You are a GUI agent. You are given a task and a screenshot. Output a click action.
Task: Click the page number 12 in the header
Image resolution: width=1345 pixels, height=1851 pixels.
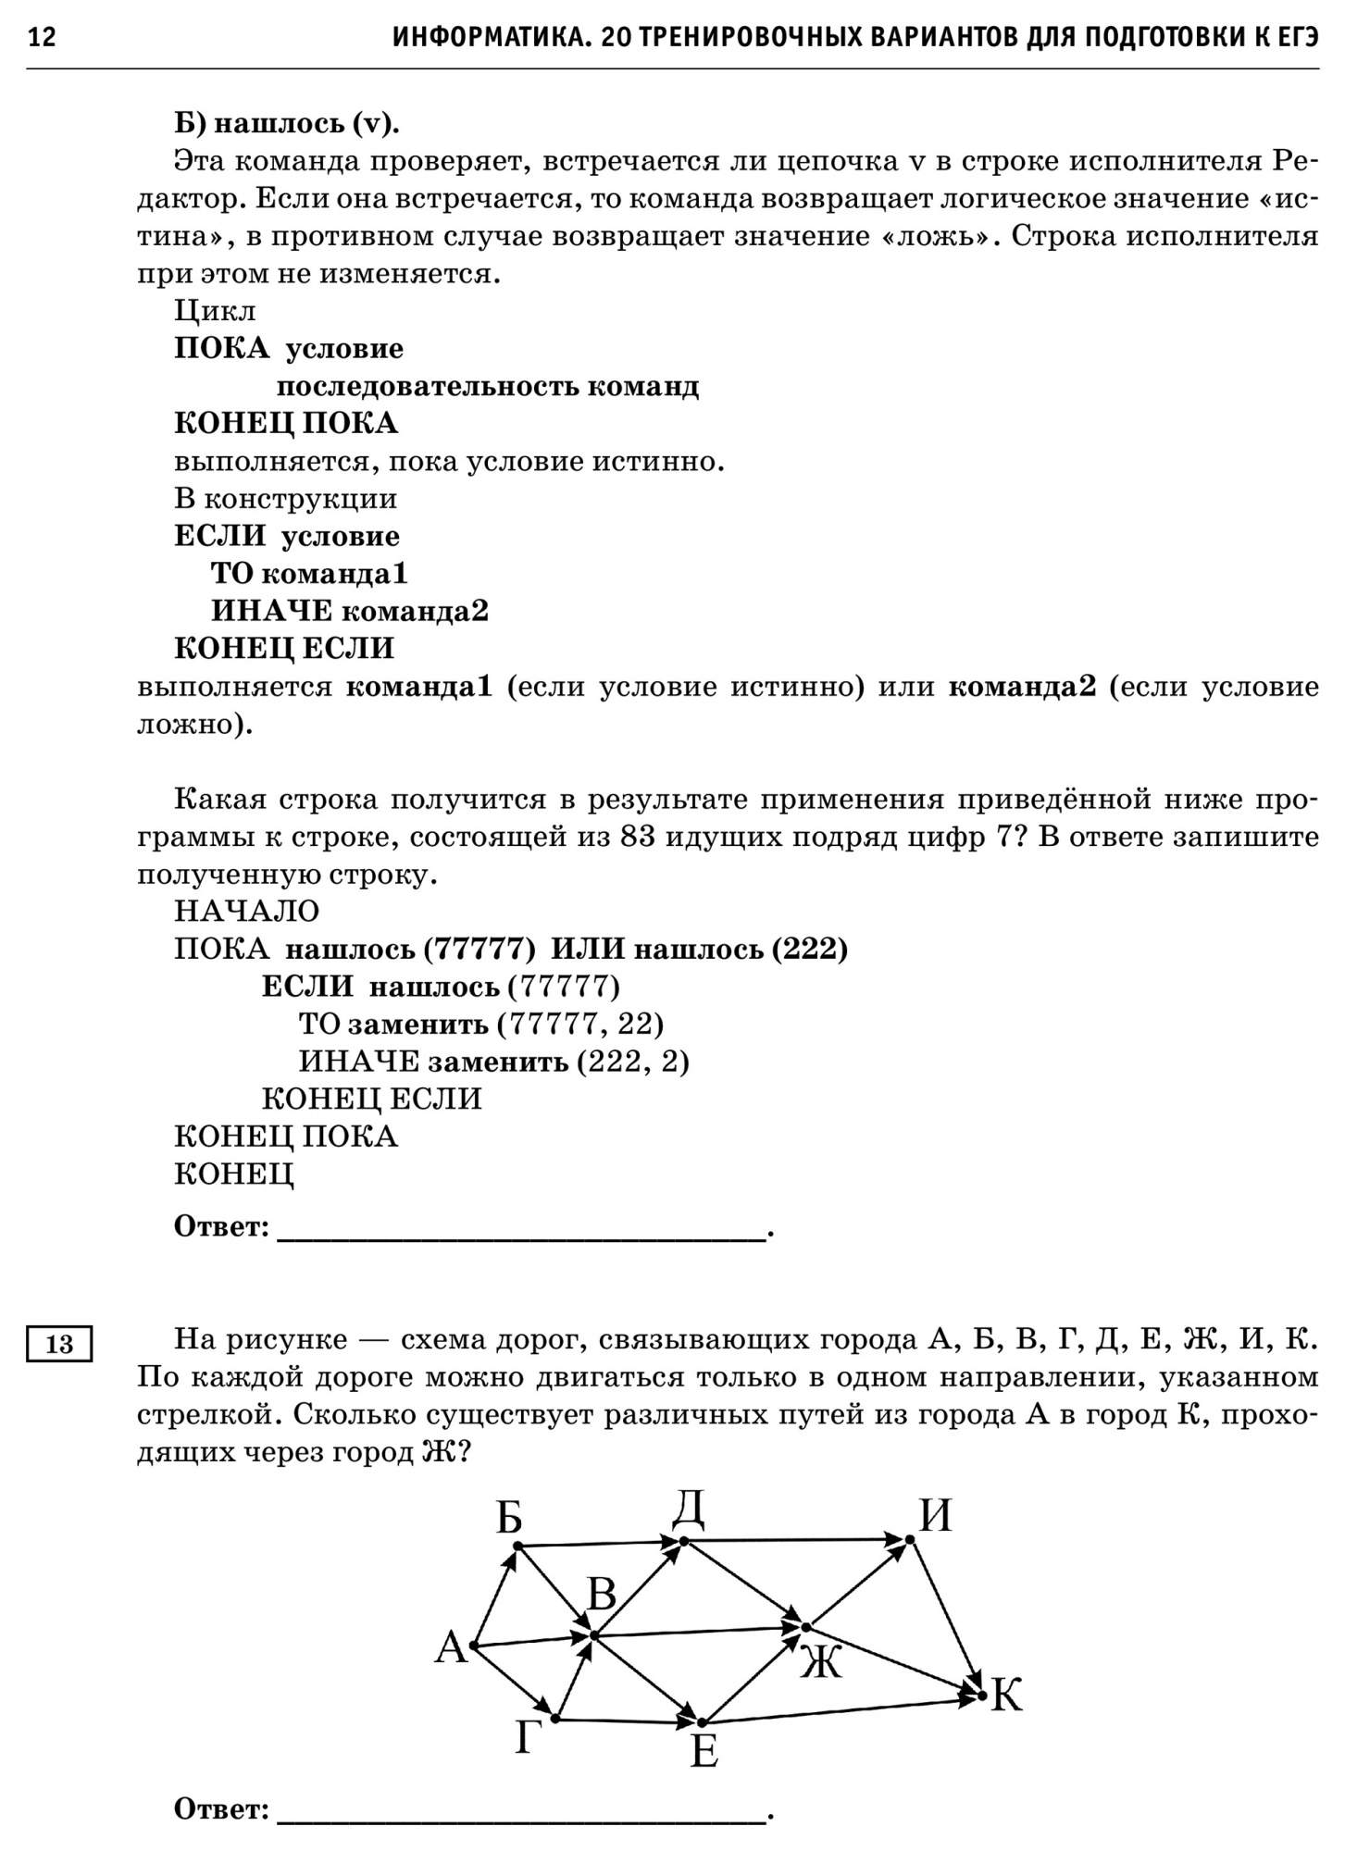pos(43,38)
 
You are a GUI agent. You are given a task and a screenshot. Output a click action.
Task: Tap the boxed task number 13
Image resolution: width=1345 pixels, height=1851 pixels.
pos(59,1343)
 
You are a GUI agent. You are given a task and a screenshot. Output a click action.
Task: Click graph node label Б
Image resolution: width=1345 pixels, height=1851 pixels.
pos(508,1519)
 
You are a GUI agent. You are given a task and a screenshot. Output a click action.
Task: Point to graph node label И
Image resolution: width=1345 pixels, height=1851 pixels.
pos(935,1517)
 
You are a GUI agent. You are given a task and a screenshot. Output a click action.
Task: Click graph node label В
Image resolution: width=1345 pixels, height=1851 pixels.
pos(602,1596)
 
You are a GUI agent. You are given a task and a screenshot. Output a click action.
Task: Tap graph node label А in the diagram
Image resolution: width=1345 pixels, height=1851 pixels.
pos(451,1648)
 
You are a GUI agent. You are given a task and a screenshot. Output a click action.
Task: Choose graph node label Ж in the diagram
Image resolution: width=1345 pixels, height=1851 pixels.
pos(821,1663)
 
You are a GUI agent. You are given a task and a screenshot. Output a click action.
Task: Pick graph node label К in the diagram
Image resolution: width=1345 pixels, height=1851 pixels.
pos(1006,1696)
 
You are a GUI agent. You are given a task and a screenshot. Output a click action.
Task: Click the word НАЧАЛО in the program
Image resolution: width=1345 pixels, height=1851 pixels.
pos(246,912)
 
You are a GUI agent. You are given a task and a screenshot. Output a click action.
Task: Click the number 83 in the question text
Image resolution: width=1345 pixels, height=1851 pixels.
pos(640,838)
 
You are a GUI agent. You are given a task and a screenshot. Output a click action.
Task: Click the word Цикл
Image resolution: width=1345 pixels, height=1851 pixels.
pos(215,311)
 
